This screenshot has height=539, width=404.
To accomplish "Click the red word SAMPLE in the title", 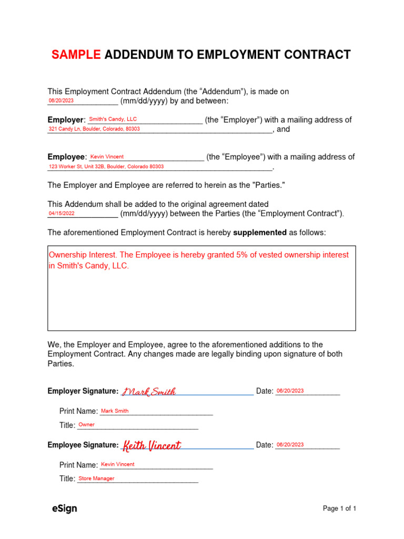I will [76, 55].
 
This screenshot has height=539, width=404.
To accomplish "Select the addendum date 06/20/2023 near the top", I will [61, 101].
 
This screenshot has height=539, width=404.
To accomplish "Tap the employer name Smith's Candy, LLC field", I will [113, 119].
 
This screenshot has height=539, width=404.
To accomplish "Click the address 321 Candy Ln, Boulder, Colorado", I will [94, 129].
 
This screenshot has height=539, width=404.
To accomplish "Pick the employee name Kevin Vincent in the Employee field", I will [107, 157].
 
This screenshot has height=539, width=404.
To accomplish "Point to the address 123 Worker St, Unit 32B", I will [106, 166].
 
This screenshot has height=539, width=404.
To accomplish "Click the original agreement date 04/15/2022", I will [62, 214].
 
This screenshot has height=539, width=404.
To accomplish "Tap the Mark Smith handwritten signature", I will [149, 392].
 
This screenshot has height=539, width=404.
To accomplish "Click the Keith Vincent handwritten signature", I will [151, 446].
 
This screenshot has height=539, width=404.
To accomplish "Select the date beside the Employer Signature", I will [290, 391].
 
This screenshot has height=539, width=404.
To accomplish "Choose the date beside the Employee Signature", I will [290, 445].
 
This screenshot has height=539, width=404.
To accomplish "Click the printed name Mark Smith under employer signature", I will [115, 411].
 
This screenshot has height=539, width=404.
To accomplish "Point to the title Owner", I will [86, 425].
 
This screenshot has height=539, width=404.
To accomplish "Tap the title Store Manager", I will [96, 478].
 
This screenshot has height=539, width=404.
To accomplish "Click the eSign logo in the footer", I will [64, 508].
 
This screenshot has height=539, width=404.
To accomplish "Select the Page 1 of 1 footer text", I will [339, 508].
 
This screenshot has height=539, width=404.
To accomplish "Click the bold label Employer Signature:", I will [83, 391].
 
